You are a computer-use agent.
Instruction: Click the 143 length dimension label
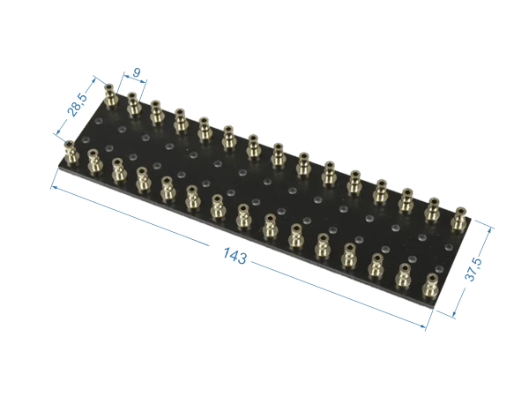click(x=235, y=257)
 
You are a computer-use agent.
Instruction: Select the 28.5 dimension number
click(x=77, y=106)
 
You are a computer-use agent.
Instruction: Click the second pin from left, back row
click(x=133, y=106)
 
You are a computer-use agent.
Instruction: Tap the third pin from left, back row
click(x=156, y=113)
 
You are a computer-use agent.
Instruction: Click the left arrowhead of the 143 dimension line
click(x=54, y=186)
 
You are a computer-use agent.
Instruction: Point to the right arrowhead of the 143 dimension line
click(x=425, y=327)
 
